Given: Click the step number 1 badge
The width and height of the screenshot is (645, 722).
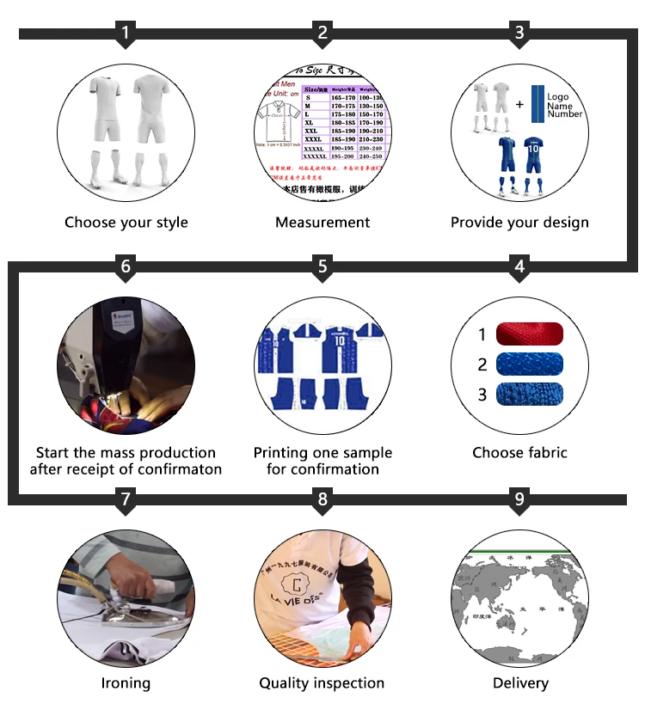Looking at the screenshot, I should [x=126, y=34].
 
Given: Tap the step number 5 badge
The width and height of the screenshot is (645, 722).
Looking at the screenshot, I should [x=322, y=267].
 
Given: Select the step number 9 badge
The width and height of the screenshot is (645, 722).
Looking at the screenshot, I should [x=519, y=499].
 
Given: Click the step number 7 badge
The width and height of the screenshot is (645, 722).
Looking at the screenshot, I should [x=126, y=499].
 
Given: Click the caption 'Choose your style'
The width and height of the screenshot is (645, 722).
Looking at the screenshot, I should [x=126, y=223].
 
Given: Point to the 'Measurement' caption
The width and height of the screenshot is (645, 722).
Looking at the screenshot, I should [x=322, y=223].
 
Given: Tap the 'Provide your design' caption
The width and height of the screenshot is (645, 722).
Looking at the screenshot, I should [x=519, y=223].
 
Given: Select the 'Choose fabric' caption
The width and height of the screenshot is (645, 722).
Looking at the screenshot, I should [x=519, y=452].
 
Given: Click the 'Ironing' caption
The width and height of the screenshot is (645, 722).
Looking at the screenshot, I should [x=126, y=683].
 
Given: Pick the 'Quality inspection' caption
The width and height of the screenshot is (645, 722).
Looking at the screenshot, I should [x=322, y=683].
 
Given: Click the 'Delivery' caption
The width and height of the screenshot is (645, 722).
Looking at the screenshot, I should [x=519, y=683].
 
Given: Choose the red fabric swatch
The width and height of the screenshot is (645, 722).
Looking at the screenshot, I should [x=530, y=333].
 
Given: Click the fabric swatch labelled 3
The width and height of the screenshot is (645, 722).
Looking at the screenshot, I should [x=530, y=395].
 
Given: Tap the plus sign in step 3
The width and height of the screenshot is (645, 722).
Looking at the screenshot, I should [x=519, y=104].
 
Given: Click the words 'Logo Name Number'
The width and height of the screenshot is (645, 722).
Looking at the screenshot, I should [x=564, y=106].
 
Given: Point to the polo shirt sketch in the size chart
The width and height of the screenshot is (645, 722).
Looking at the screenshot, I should [x=277, y=119].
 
